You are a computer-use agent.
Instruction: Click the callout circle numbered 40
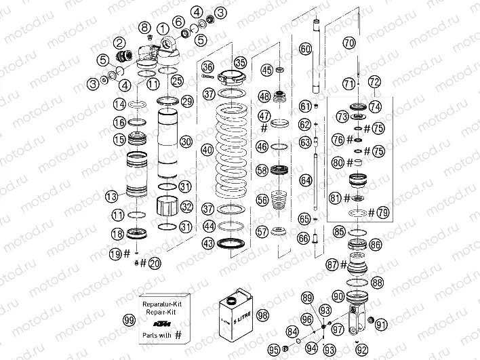207,149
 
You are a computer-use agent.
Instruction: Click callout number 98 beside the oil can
263,315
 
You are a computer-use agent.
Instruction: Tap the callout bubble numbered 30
186,141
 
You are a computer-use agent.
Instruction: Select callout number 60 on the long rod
305,49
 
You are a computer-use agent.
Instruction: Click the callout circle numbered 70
348,42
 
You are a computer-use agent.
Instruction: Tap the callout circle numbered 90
338,296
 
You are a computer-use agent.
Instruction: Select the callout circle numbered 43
207,243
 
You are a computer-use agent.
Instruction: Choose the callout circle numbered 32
186,207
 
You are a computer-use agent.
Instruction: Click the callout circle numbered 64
305,180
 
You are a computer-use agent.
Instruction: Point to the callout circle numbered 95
275,349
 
